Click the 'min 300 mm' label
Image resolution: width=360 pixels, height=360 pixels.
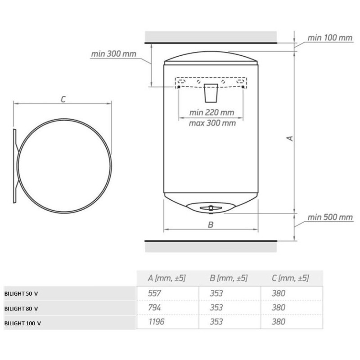point(113,54)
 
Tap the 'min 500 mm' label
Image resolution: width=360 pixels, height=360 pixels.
point(330,217)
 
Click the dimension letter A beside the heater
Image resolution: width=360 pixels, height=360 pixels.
point(291,138)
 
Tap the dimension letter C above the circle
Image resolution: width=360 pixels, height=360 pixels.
point(63,99)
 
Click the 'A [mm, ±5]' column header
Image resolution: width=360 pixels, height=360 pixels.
point(167,279)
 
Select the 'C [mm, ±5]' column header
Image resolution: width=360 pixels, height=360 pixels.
point(290,279)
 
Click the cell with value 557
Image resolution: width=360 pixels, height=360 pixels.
point(154,293)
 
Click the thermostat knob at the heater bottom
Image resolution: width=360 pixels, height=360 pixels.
point(210,207)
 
